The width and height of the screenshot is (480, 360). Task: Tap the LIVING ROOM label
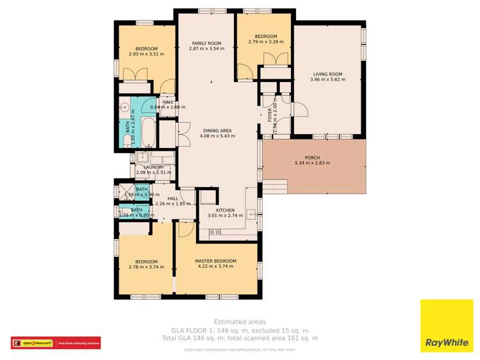327,74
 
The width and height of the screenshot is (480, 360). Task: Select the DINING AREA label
217,130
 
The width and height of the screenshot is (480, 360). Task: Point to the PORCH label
312,157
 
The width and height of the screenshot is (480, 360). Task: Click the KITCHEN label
225,210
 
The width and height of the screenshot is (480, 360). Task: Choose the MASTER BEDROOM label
215,261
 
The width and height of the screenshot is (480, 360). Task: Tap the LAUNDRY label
153,167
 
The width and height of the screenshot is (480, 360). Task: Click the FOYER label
270,114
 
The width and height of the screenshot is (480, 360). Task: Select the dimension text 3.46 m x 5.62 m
327,79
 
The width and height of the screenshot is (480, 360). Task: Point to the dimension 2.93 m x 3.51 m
146,54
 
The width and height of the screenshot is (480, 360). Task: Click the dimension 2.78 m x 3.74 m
146,267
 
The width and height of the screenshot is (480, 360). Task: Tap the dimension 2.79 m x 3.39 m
266,42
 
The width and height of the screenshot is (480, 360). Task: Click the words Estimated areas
240,322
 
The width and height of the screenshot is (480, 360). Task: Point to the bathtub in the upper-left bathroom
148,131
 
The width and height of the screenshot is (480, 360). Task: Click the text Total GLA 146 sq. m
200,338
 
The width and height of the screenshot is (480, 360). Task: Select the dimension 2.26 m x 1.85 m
173,204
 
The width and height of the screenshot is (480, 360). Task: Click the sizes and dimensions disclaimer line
240,350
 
